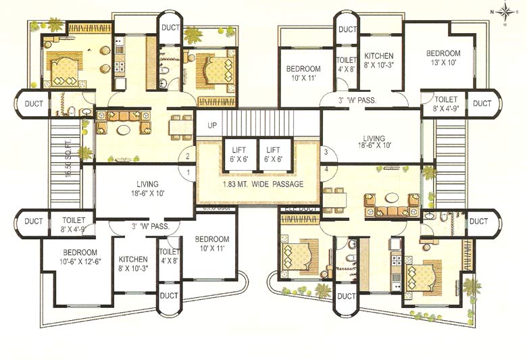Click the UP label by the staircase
coord(212,126)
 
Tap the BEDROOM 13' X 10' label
coord(443,59)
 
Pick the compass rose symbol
coord(505,11)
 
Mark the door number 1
coord(187,173)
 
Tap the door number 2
coord(187,157)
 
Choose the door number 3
coord(325,152)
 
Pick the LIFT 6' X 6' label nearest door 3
coord(274,155)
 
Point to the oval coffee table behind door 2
coord(122,124)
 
